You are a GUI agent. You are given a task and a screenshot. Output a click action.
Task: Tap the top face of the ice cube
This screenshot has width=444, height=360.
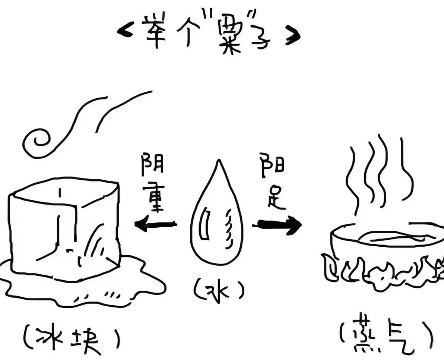[x=63, y=192]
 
